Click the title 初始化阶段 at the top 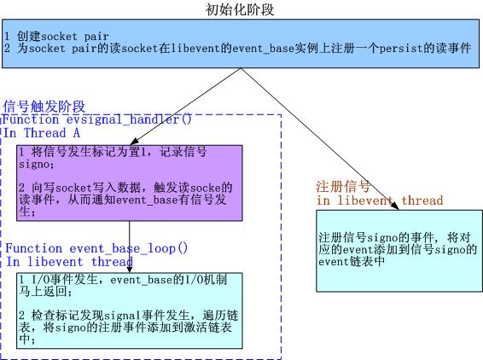240,9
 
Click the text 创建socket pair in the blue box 62,37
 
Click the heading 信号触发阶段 44,107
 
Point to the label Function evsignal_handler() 97,119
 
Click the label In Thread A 42,133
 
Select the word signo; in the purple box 37,164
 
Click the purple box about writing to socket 130,183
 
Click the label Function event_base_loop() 96,248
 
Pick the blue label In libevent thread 70,262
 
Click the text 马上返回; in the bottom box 45,291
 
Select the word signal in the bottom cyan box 123,316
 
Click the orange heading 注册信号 343,186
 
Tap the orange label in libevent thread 380,200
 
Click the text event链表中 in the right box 352,262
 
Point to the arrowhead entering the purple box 134,142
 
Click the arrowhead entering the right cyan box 395,206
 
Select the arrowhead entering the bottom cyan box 130,269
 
